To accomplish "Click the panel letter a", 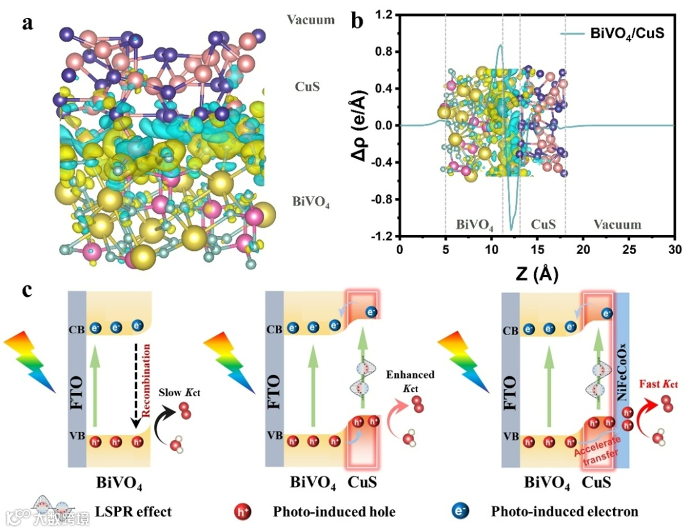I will click(x=28, y=24).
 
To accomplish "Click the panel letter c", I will click(x=28, y=290).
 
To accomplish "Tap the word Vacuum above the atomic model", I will click(x=311, y=20).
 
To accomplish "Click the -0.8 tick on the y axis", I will click(x=379, y=199).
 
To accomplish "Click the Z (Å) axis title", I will click(x=536, y=274).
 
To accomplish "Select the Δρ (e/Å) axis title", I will click(x=358, y=125).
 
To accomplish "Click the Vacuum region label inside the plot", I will click(x=617, y=225).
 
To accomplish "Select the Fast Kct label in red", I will click(x=658, y=384).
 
